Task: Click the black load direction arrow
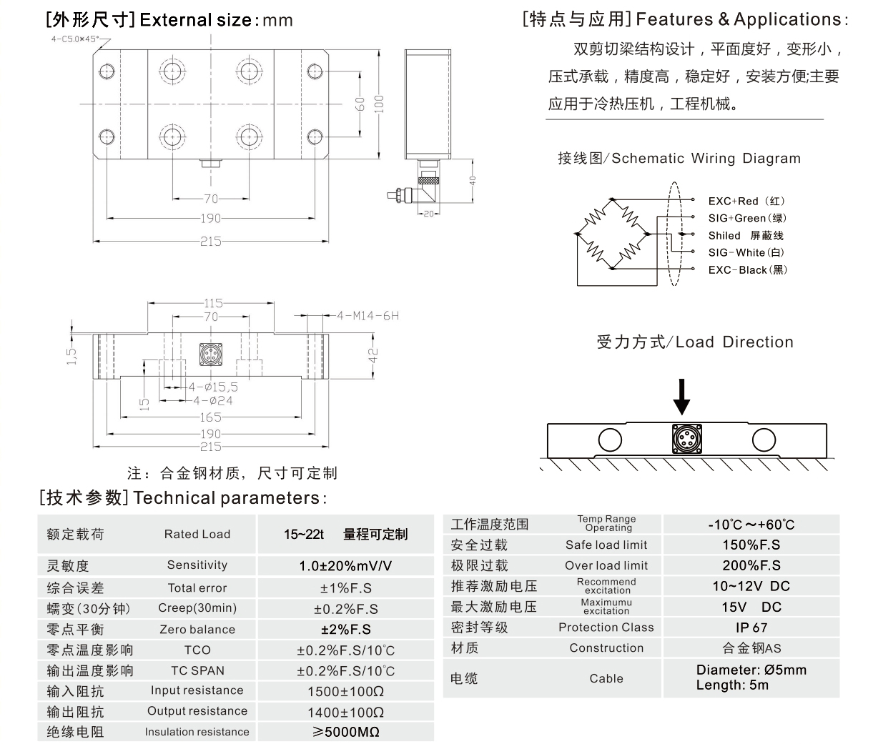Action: point(682,397)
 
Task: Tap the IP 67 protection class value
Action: point(751,628)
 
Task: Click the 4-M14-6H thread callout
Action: point(368,315)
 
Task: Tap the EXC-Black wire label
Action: point(747,269)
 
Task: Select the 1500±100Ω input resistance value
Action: point(345,691)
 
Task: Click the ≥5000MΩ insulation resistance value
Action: point(345,732)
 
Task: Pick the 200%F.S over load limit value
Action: point(751,565)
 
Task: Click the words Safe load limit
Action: point(606,545)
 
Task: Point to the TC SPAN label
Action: point(197,670)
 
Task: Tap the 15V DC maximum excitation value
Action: point(751,607)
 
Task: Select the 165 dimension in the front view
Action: point(210,417)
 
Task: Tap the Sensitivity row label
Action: point(197,565)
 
